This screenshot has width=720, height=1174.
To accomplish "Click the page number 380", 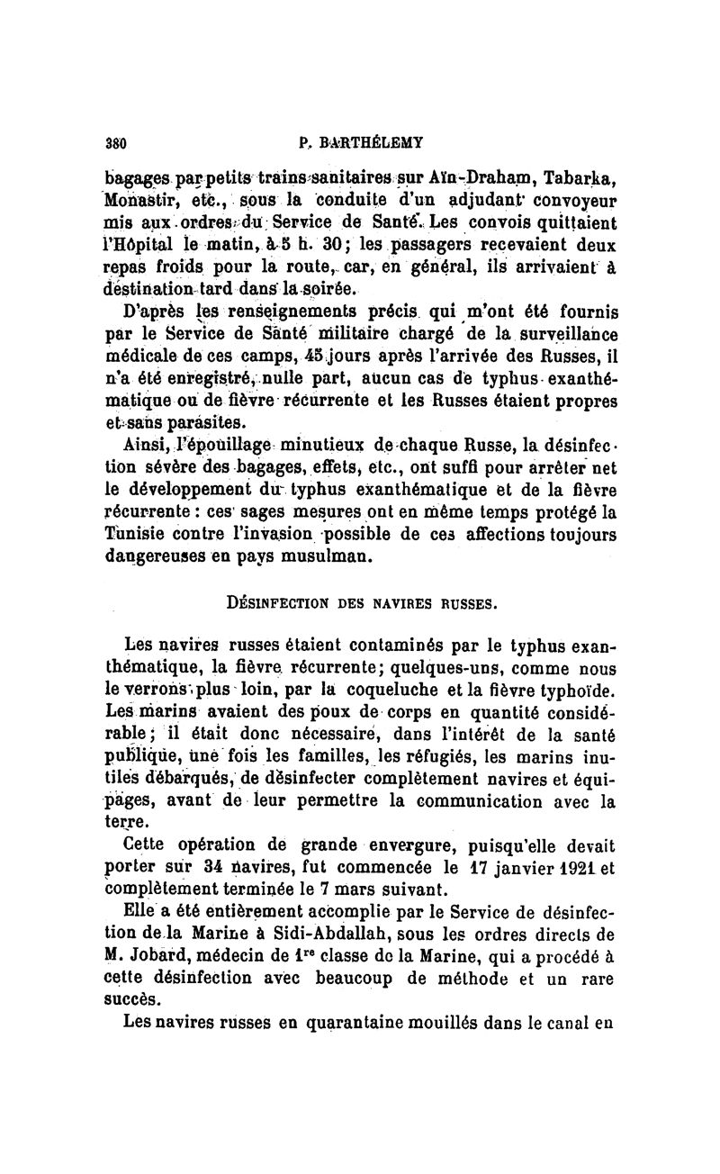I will (x=114, y=141).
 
